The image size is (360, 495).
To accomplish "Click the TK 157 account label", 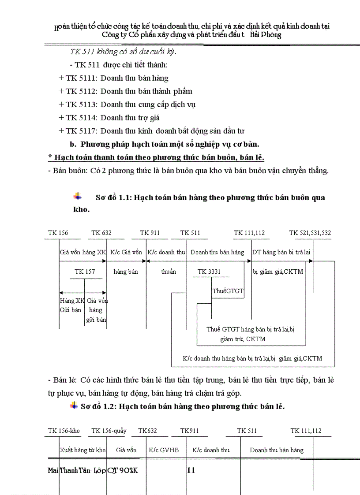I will pos(85,272).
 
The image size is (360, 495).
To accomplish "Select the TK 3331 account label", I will pos(209,272).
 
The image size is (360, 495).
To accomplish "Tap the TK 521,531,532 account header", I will pos(310,233).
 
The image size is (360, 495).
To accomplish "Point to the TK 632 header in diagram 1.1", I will pos(101,233).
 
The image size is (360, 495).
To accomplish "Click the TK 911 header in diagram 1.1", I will pos(150,233).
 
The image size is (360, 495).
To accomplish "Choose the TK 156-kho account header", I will pos(64,431).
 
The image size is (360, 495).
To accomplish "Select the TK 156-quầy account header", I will pos(109,431).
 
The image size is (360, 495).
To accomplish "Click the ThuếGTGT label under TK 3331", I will pos(228,291).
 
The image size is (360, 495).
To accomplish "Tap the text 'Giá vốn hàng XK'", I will pos(83,252).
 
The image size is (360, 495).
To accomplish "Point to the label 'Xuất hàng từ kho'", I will pos(82,450).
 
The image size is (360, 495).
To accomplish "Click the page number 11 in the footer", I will pos(191,470).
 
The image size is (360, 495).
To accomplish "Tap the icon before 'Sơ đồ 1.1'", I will pos(78,196).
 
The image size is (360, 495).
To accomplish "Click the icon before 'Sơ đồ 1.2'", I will pos(74,406).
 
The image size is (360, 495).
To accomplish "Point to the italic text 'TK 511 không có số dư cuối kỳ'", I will pos(123,52).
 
